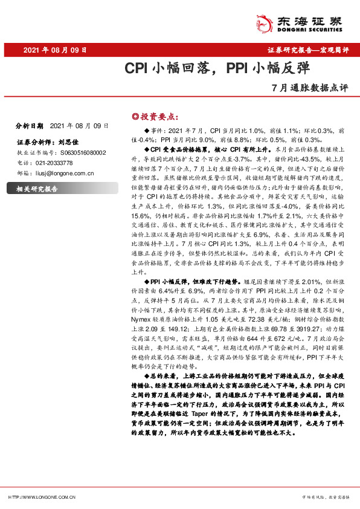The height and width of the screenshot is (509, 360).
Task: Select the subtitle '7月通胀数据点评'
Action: [310, 87]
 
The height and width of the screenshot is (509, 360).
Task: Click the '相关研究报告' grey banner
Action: [38, 189]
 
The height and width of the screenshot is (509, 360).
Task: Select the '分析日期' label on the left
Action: [29, 126]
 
